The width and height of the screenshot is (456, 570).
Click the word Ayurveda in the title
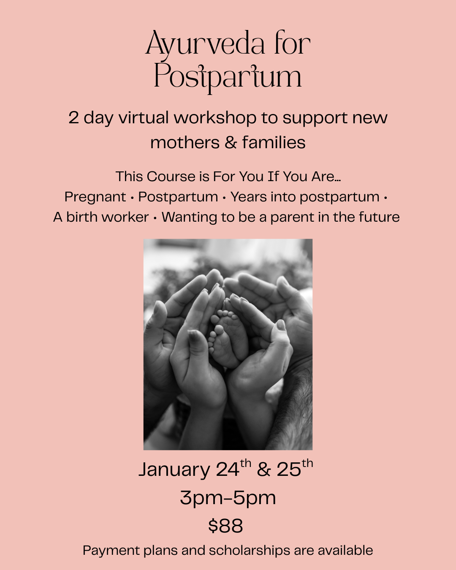(x=206, y=44)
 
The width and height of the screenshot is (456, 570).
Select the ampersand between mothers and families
(x=231, y=143)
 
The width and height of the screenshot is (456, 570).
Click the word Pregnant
(x=95, y=197)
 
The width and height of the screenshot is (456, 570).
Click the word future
(x=379, y=217)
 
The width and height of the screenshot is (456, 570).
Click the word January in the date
(x=174, y=470)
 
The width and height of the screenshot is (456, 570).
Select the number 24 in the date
(x=228, y=470)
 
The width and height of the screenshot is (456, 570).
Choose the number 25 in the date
(x=289, y=470)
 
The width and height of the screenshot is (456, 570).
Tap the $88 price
(x=226, y=526)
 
